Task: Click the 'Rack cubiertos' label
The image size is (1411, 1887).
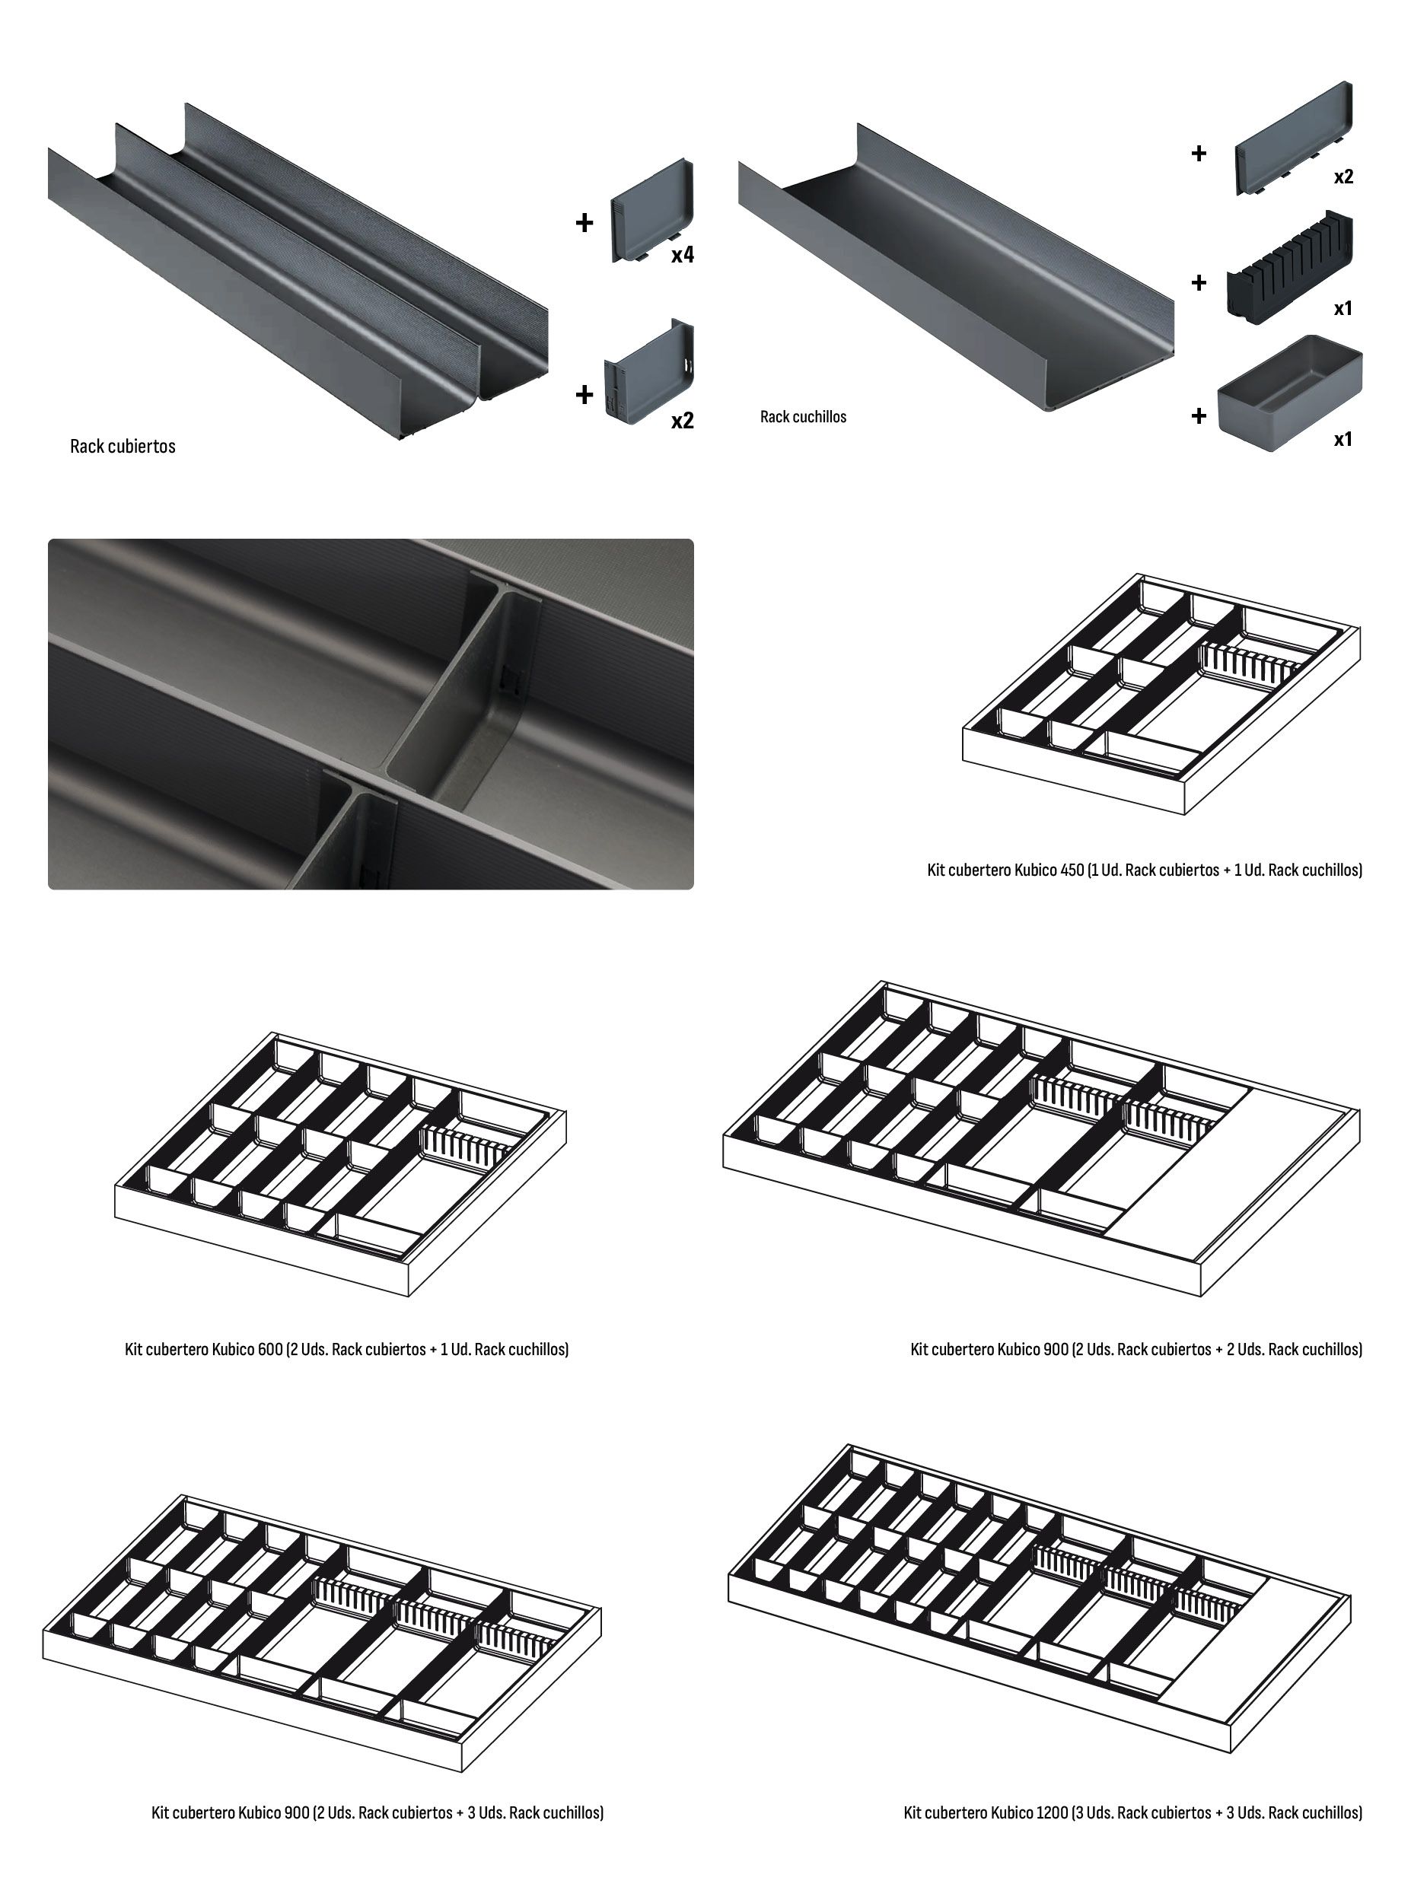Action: coord(122,446)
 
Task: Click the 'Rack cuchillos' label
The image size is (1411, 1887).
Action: coord(803,416)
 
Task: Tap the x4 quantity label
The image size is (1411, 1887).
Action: coord(682,254)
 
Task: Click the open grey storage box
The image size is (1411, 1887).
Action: coord(1289,393)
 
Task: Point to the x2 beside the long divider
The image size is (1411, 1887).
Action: coord(1343,177)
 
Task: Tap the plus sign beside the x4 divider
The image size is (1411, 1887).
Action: coord(584,223)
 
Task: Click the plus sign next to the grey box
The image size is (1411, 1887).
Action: coord(1199,415)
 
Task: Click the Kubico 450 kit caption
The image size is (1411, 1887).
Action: coord(1144,870)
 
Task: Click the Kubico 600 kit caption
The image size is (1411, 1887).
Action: coord(346,1349)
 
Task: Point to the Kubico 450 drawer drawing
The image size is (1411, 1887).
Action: coord(1161,692)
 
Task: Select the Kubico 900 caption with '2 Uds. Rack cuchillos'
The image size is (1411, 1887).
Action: coord(1135,1349)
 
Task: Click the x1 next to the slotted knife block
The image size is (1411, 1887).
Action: coord(1343,308)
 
